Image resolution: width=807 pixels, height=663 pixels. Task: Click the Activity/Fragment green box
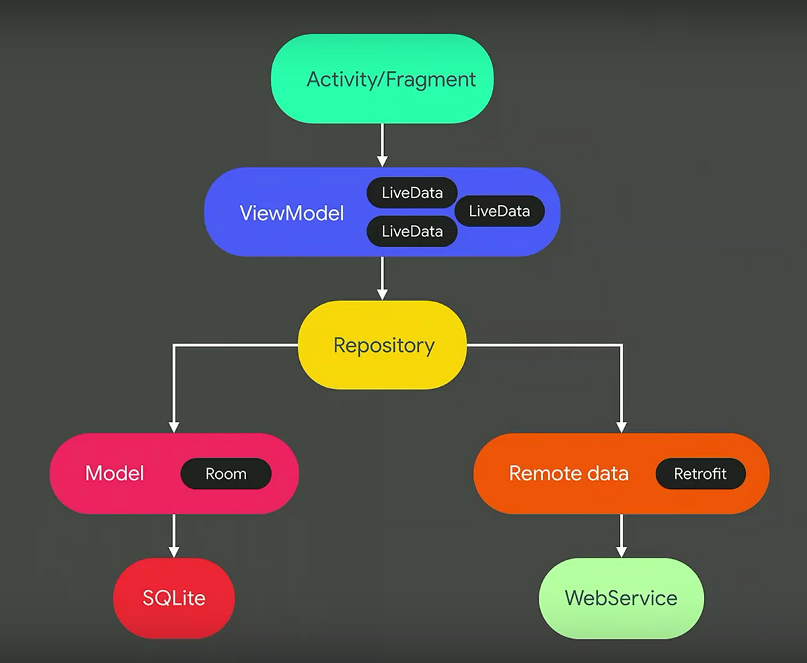tap(382, 79)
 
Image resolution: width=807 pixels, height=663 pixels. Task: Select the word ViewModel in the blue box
tap(291, 214)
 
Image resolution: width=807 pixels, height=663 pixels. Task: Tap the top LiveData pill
tap(412, 193)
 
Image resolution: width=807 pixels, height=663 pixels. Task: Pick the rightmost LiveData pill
tap(500, 211)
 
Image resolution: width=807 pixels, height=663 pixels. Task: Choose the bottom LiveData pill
tap(412, 232)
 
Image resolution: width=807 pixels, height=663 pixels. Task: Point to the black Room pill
tap(226, 474)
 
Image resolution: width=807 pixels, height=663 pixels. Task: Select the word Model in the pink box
tap(114, 473)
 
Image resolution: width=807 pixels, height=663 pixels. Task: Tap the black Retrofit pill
tap(700, 474)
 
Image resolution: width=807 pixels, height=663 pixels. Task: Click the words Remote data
tap(568, 473)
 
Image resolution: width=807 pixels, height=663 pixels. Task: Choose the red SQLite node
tap(174, 598)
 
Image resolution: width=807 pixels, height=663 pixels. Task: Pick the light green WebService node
tap(621, 598)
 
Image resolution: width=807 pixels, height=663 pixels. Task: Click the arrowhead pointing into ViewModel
tap(382, 161)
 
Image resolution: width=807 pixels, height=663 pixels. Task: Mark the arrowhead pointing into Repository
tap(382, 294)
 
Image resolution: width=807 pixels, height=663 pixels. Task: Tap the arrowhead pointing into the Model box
tap(174, 427)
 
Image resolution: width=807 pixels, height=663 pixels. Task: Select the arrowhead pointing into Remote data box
tap(621, 427)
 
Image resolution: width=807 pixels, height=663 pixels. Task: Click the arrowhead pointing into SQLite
tap(174, 551)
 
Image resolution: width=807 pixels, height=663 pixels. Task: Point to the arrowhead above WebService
tap(621, 551)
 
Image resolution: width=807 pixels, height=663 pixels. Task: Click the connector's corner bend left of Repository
tap(174, 345)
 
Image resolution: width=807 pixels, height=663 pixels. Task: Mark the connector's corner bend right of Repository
tap(621, 345)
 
